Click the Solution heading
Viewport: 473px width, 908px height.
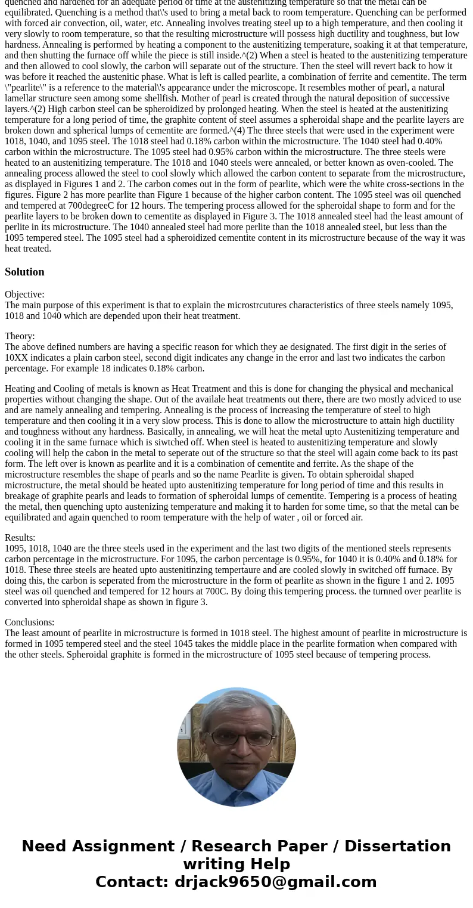pyautogui.click(x=24, y=272)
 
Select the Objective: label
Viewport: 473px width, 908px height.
pyautogui.click(x=24, y=295)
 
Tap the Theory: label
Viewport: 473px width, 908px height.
pyautogui.click(x=20, y=336)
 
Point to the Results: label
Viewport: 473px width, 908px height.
pyautogui.click(x=20, y=538)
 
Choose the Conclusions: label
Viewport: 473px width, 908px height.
pyautogui.click(x=29, y=622)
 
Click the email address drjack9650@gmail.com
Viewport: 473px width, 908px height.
pyautogui.click(x=275, y=882)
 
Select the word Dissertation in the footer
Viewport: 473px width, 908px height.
pyautogui.click(x=397, y=847)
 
